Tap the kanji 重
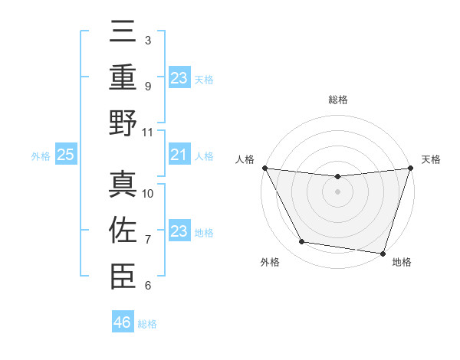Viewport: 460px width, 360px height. click(123, 78)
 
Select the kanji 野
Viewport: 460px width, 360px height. click(123, 123)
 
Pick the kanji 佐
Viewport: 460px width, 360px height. click(123, 231)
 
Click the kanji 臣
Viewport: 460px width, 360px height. click(123, 276)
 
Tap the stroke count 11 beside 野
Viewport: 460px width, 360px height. click(148, 132)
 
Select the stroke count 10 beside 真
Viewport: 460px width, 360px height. click(148, 194)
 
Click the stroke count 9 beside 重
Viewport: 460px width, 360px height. click(148, 87)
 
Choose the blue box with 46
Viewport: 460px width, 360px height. click(123, 322)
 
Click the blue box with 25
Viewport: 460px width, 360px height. click(65, 155)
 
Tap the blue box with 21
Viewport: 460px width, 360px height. click(179, 155)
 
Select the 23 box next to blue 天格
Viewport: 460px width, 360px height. click(179, 77)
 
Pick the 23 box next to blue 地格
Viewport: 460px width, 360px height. click(179, 231)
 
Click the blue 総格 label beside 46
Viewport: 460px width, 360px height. click(147, 324)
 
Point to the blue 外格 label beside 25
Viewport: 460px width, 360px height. click(41, 156)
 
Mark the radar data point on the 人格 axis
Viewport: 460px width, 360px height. click(265, 168)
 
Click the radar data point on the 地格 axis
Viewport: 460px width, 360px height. click(383, 254)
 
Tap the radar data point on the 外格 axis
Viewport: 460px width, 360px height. click(301, 242)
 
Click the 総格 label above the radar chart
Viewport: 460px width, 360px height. click(337, 100)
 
